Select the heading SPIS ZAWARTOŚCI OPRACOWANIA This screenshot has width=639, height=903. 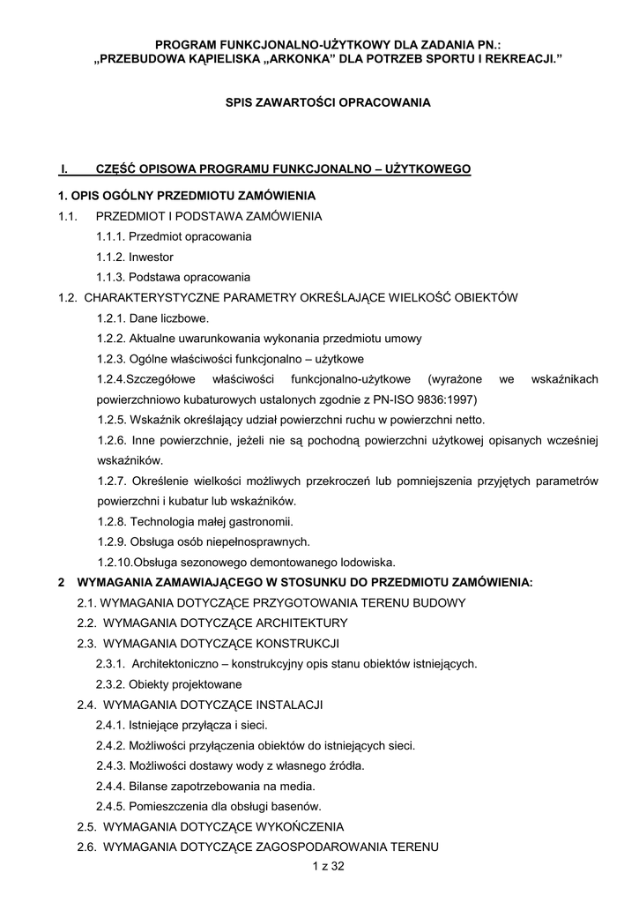coord(328,102)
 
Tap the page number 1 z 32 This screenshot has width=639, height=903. coord(327,867)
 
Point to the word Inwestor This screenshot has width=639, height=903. coord(151,257)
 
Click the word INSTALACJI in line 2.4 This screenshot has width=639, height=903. coord(289,705)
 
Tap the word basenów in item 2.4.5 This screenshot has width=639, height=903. coord(299,806)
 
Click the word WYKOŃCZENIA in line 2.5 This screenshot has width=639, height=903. coord(299,827)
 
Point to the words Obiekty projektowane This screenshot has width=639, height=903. coord(185,684)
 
